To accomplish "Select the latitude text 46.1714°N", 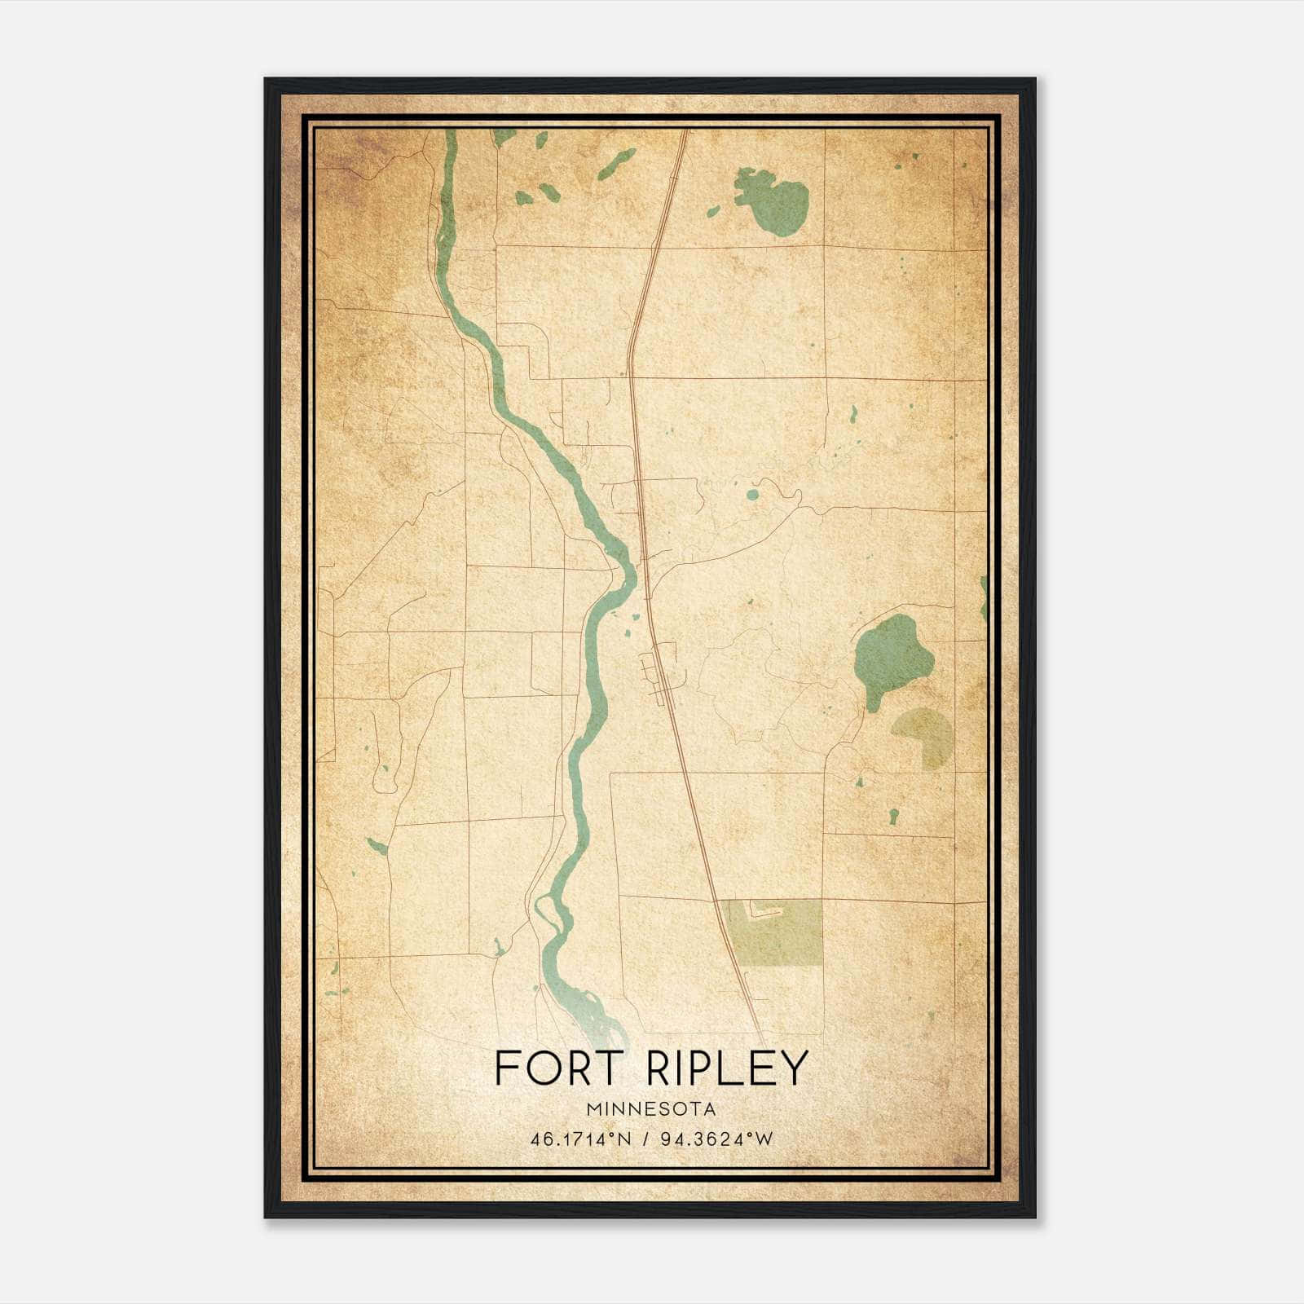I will (x=580, y=1139).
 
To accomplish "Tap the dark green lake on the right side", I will (x=890, y=655).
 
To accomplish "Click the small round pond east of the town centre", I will (x=751, y=494).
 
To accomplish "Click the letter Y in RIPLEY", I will (x=792, y=1068).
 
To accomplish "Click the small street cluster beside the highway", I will (x=662, y=672).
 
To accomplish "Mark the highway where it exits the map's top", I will (x=683, y=134).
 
